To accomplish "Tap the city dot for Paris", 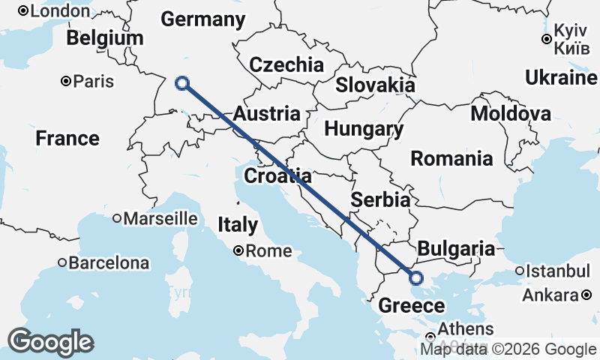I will tap(67, 81).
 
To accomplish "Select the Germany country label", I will tap(202, 20).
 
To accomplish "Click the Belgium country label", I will tap(104, 38).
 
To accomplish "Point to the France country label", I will tap(67, 139).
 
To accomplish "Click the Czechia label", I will tap(286, 64).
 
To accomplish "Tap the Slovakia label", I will tap(375, 85).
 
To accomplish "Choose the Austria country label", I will tap(267, 115).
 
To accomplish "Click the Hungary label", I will tap(364, 129).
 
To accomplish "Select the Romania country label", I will tap(451, 159).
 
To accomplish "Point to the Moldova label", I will tap(511, 114).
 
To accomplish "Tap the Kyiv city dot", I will tap(547, 40).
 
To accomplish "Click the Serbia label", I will tap(381, 200).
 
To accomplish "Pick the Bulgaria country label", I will tap(456, 249).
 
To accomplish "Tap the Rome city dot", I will tap(238, 251).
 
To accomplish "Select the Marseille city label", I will tap(160, 219).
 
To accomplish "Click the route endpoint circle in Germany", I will tap(181, 84).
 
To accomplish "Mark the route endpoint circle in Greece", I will tap(416, 278).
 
